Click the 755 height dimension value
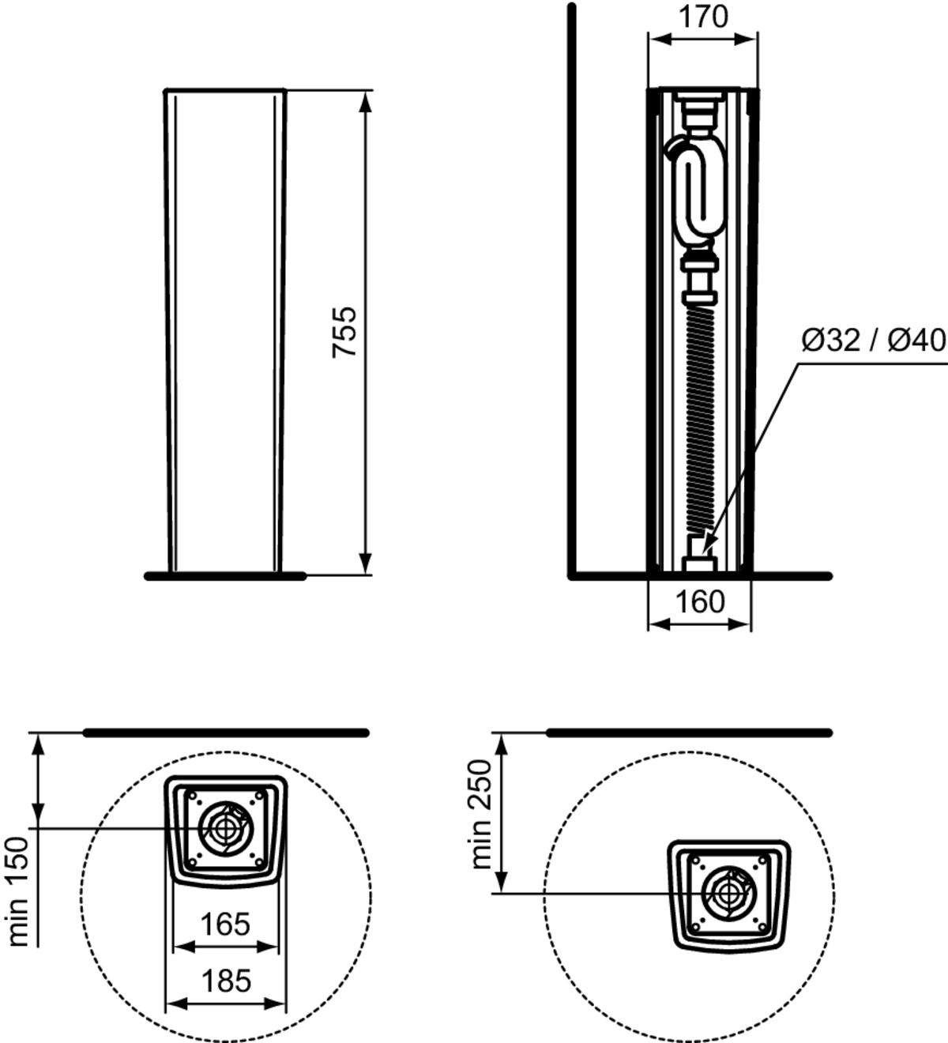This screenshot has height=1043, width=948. [x=344, y=332]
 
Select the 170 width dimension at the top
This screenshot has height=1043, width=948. [x=704, y=17]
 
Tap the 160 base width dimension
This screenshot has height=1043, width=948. [x=700, y=602]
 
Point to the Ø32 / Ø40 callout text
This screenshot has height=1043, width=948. [x=874, y=341]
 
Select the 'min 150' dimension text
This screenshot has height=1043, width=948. [x=18, y=891]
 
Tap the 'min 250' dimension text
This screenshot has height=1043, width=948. [x=481, y=814]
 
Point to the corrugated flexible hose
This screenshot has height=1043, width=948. [x=699, y=421]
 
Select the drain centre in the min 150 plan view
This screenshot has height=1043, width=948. [x=226, y=828]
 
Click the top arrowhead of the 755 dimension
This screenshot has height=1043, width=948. [x=366, y=92]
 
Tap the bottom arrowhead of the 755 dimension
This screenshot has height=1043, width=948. [x=366, y=574]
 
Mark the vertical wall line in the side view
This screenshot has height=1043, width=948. [x=571, y=291]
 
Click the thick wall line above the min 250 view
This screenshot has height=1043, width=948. [x=689, y=733]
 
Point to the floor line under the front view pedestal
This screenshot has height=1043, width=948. [x=225, y=575]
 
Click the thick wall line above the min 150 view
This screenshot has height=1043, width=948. [x=226, y=733]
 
